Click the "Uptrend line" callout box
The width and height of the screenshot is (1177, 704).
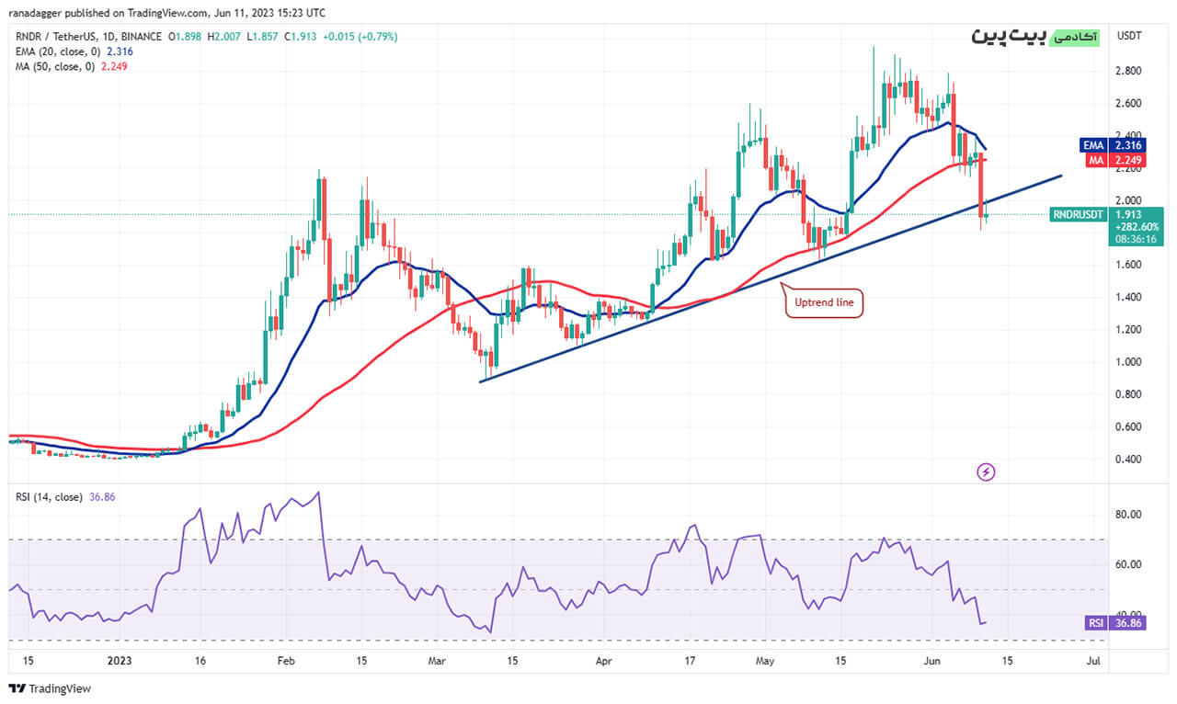824,302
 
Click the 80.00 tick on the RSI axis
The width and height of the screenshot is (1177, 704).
1128,515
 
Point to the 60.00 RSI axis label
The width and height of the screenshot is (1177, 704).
1128,564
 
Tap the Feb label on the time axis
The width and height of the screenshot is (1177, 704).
285,660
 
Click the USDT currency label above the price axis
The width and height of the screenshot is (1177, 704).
1128,36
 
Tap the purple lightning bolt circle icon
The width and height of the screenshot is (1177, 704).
986,472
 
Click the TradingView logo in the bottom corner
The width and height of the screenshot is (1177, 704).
50,688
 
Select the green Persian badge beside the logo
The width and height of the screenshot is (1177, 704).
1072,36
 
